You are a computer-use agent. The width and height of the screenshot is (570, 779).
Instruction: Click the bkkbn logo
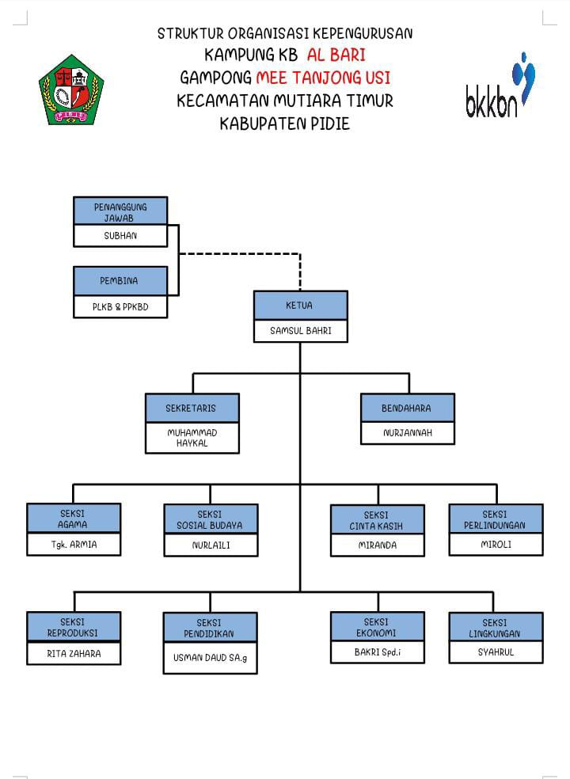(x=500, y=87)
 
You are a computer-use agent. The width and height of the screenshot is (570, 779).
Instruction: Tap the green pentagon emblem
(x=71, y=89)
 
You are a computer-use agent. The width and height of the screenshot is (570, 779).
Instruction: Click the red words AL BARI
(x=336, y=55)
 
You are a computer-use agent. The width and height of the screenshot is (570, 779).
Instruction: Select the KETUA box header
(x=300, y=305)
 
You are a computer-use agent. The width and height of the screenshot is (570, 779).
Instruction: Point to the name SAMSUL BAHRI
(x=300, y=331)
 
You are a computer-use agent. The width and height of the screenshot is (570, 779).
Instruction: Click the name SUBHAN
(x=120, y=236)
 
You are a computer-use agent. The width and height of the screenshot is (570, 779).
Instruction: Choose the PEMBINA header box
(x=120, y=281)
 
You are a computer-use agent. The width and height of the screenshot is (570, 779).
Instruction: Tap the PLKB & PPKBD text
(x=120, y=306)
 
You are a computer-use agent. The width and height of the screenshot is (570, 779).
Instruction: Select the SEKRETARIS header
(x=192, y=408)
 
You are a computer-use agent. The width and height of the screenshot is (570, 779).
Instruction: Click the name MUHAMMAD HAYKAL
(x=192, y=438)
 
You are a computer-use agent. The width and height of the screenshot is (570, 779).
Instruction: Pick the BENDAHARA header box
(x=407, y=408)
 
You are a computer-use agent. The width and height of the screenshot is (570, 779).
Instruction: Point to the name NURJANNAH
(x=407, y=433)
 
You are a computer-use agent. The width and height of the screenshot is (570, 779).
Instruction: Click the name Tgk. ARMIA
(x=74, y=545)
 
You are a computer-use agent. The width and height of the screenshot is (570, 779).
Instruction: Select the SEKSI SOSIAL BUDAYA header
(x=211, y=519)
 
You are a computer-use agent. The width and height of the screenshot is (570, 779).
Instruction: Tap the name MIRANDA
(x=377, y=545)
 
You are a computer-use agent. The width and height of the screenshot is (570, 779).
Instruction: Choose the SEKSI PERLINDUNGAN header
(x=496, y=519)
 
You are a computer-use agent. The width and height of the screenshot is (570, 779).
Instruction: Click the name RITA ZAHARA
(x=74, y=653)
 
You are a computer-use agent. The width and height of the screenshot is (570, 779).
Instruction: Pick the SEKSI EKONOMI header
(x=377, y=627)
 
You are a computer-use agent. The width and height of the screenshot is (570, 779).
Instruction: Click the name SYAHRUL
(x=496, y=652)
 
